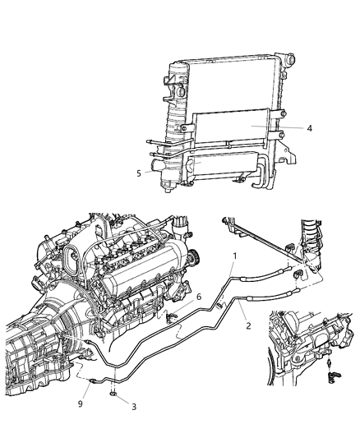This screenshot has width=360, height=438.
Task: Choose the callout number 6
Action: (x=197, y=297)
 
